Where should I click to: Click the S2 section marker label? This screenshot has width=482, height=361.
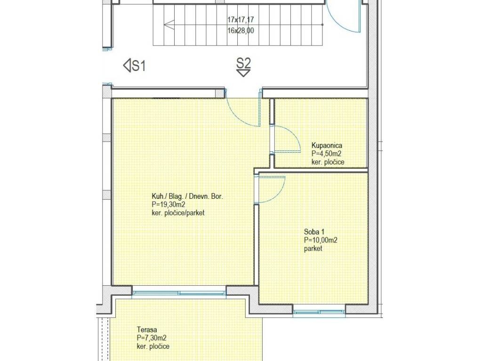(x=243, y=63)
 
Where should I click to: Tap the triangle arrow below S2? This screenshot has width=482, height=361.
(x=243, y=73)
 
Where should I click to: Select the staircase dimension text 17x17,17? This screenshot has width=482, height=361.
(x=241, y=20)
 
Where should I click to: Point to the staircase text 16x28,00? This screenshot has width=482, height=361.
(x=241, y=31)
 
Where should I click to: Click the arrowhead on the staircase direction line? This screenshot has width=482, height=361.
(x=169, y=24)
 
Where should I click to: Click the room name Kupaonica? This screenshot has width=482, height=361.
(x=327, y=146)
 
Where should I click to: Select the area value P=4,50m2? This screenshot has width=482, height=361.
(x=327, y=154)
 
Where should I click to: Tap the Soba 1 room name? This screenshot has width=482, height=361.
(x=314, y=232)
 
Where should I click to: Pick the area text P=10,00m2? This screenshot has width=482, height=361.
(x=321, y=240)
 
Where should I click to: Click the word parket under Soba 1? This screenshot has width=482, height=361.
(x=313, y=248)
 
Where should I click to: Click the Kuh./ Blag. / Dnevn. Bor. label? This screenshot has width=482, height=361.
(x=187, y=196)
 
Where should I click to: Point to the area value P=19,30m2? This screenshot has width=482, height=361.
(x=168, y=204)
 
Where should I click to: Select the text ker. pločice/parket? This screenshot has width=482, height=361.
(x=178, y=213)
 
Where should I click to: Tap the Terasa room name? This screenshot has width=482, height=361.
(x=147, y=330)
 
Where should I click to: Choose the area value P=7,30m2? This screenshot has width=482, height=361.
(x=152, y=338)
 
